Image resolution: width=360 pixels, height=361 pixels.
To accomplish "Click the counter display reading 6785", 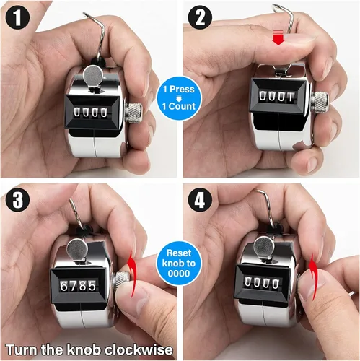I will tap(77, 285).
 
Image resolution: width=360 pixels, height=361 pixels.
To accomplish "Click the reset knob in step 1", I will tap(134, 113).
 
